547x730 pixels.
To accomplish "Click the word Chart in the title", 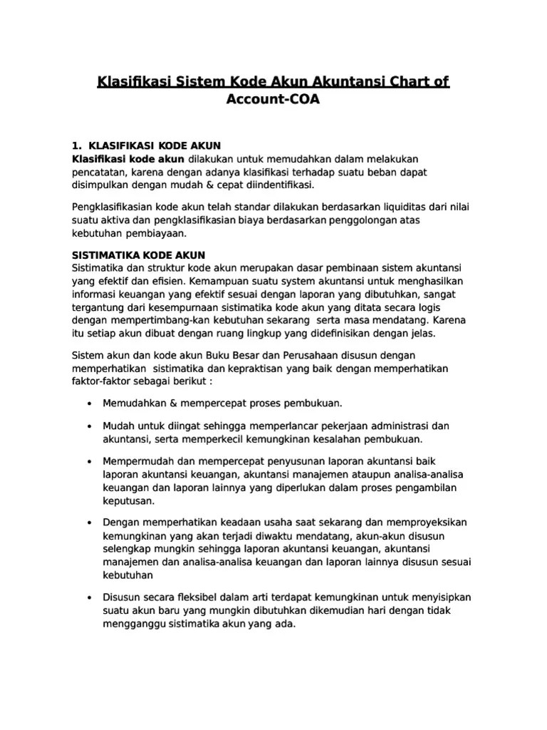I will point(384,82).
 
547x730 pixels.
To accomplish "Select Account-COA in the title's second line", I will point(273,100).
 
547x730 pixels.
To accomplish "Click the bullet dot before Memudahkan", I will point(88,403).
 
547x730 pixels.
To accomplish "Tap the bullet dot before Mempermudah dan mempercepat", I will point(88,462).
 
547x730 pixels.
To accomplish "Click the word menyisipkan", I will point(441,596).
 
